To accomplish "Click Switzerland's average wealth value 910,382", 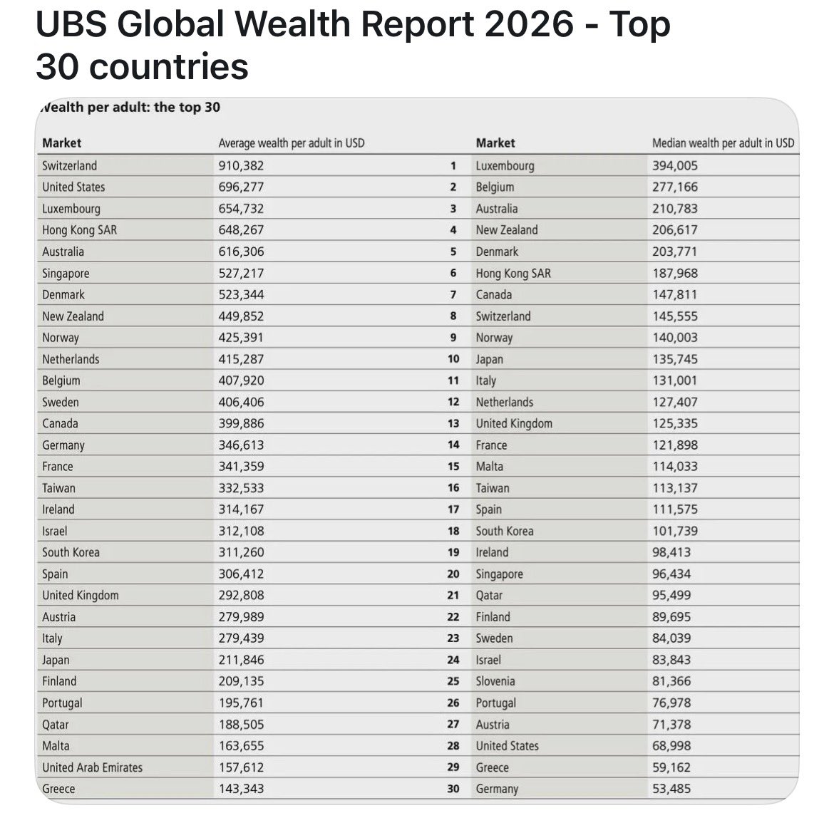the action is tap(241, 165).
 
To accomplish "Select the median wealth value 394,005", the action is tap(675, 165).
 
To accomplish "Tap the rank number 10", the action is tap(453, 359).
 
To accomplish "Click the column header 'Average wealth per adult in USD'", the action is tap(292, 143).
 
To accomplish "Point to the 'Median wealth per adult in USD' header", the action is tap(724, 143).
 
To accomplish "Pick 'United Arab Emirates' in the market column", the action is tap(93, 767).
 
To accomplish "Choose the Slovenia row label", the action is tap(495, 681).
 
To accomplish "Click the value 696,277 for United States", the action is tap(241, 187).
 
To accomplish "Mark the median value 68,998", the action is tap(671, 745).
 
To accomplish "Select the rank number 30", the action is tap(453, 789).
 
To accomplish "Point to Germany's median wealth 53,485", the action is tap(671, 789).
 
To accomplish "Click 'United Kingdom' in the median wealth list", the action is tap(514, 423).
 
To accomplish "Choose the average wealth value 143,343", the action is tap(241, 789).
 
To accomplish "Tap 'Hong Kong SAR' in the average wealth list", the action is tap(79, 230).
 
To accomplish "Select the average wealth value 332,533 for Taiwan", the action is tap(241, 488).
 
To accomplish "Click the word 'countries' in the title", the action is tap(169, 67).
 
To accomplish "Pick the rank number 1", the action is tap(453, 165).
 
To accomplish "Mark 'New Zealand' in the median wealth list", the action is tap(506, 230).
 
